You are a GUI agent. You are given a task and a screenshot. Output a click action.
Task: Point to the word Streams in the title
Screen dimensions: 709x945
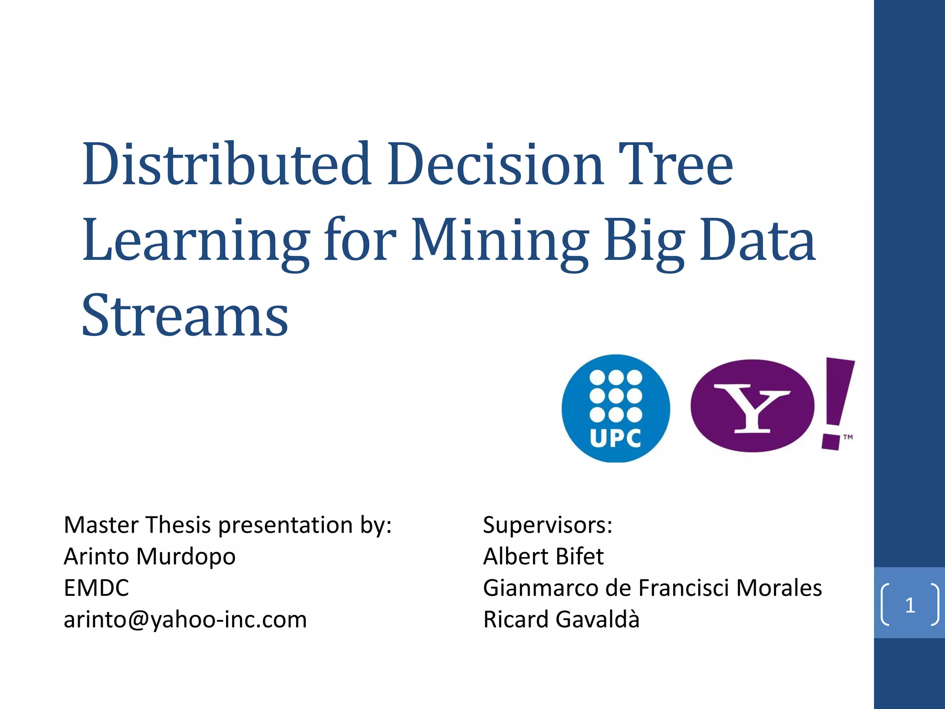(185, 316)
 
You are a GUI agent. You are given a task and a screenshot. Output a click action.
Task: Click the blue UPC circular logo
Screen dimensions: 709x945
(616, 408)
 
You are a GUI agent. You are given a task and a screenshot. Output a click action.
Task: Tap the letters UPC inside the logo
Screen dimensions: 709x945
(616, 439)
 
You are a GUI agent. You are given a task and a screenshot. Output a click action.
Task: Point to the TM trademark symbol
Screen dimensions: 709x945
(848, 437)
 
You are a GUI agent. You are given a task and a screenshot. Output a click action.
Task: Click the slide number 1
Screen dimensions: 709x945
(909, 605)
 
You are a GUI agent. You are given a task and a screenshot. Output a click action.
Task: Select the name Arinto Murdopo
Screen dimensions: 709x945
(150, 556)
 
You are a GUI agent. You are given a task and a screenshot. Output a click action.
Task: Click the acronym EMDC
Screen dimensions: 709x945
(96, 588)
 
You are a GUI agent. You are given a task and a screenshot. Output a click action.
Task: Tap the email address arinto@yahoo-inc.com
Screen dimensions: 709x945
(185, 619)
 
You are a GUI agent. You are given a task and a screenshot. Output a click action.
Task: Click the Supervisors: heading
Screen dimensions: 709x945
(548, 525)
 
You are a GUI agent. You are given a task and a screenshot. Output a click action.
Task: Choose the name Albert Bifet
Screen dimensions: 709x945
(543, 556)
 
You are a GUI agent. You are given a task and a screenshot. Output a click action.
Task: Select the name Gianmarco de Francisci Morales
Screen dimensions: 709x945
(652, 588)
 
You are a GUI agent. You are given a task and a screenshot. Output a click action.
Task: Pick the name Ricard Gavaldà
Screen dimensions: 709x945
(561, 619)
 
